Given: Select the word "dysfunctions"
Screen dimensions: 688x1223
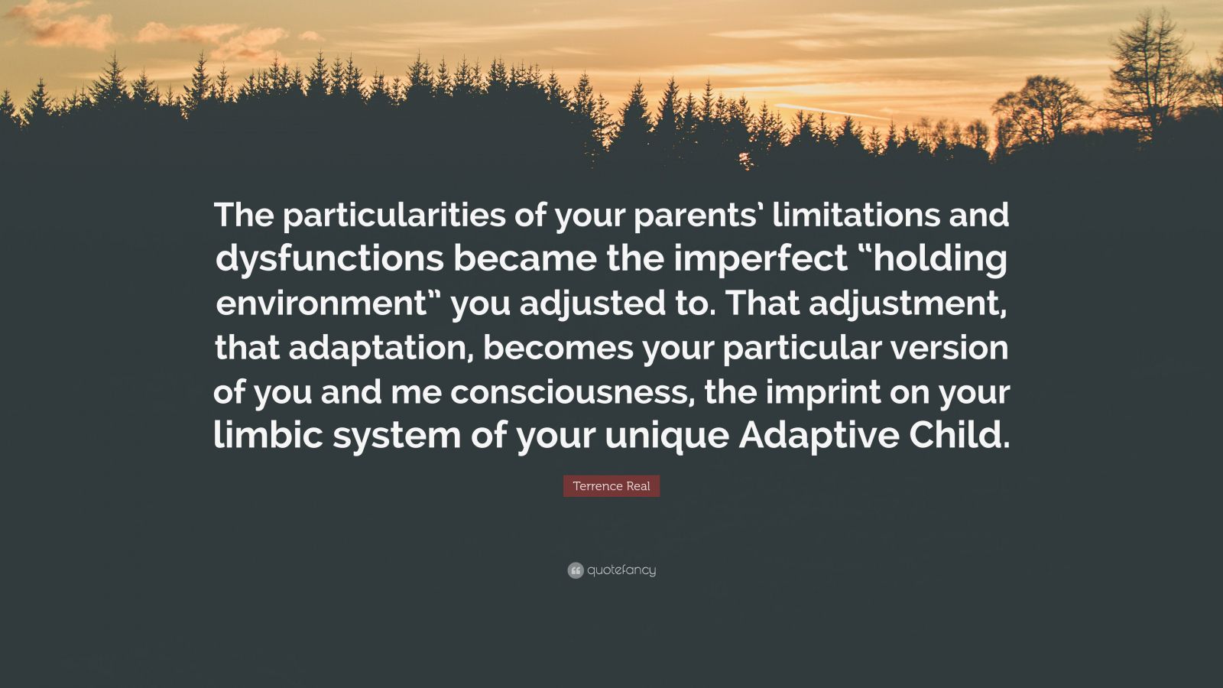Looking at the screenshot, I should pos(329,260).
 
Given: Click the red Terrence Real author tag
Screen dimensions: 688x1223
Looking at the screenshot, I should pos(611,486).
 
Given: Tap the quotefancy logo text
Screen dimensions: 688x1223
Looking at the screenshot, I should pos(621,570).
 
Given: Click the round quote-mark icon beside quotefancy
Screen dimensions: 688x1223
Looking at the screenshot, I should pos(576,570).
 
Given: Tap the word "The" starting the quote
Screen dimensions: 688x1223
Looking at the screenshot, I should pos(243,216).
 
